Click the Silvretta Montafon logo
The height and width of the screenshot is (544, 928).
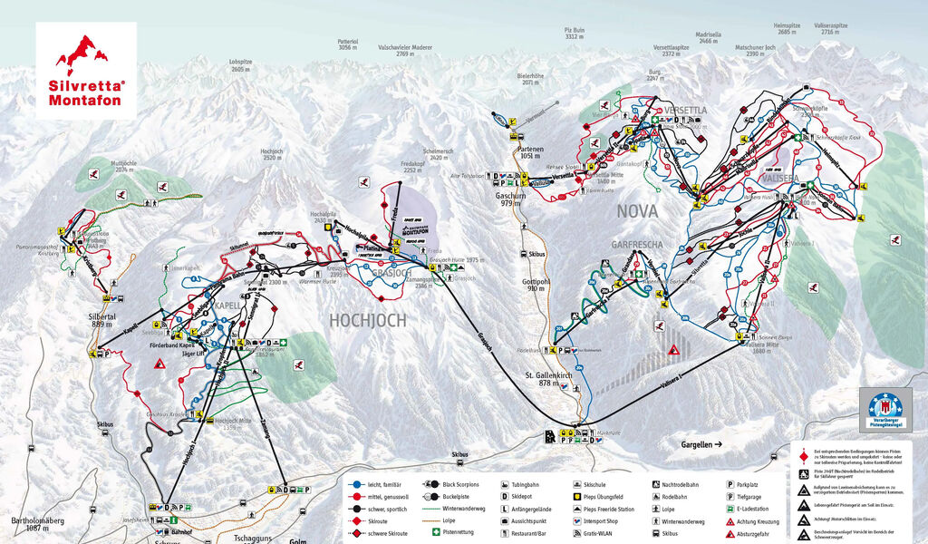(x=86, y=69)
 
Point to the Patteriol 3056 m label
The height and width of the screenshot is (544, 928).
(x=348, y=44)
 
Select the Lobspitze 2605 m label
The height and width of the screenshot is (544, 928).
(x=240, y=66)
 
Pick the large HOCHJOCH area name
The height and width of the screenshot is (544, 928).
(x=367, y=320)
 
